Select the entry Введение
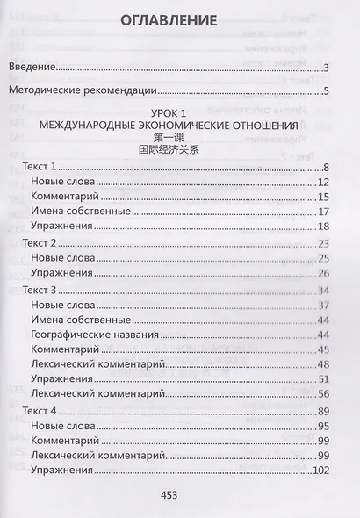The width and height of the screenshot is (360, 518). [33, 68]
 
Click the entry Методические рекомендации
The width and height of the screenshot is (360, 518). [83, 90]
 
